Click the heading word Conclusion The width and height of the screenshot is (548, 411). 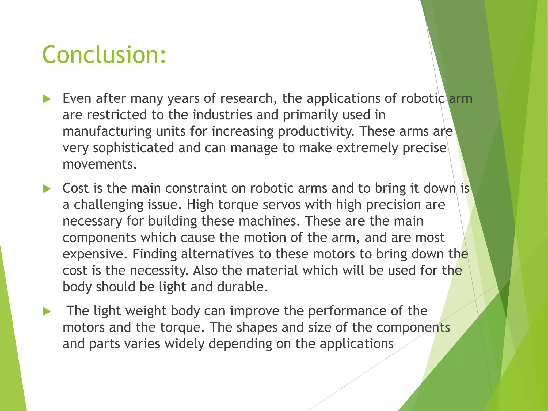104,55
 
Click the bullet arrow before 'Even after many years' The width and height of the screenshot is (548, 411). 47,99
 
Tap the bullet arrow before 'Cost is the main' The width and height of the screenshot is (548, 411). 47,189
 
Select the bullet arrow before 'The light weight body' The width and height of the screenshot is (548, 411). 47,311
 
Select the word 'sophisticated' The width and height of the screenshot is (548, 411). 133,148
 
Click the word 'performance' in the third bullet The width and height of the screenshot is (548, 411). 333,311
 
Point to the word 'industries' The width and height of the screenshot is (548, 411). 222,115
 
